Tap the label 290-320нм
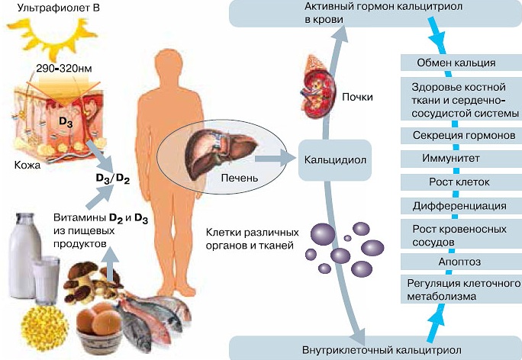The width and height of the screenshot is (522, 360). (x=64, y=69)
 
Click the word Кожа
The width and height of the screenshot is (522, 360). (x=27, y=165)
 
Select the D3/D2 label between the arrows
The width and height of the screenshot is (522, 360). (x=112, y=178)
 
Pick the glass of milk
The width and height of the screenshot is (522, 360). (x=47, y=279)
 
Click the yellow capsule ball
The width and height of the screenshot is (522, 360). (x=44, y=329)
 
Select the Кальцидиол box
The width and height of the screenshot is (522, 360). (x=334, y=160)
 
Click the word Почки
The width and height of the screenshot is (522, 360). (x=357, y=97)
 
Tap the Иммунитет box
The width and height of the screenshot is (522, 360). (x=461, y=159)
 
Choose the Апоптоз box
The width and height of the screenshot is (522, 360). (x=461, y=262)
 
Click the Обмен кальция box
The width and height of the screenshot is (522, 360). (x=461, y=63)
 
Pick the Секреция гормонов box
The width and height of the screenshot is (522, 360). (x=461, y=136)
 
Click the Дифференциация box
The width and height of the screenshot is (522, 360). (x=461, y=206)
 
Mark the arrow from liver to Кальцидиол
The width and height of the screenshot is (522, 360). (x=275, y=159)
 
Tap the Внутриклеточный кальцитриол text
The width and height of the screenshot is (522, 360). (x=382, y=350)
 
